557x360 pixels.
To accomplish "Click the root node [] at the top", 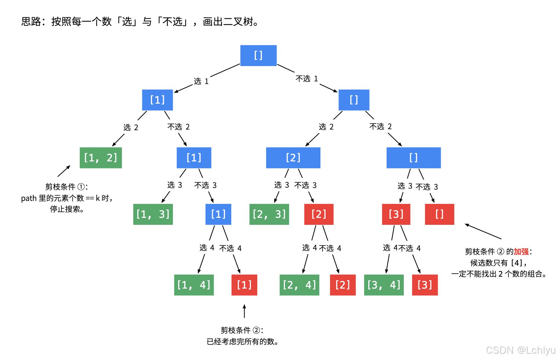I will (x=258, y=55).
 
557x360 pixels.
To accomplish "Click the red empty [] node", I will (x=439, y=214).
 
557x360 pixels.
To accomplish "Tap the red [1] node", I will (x=244, y=285).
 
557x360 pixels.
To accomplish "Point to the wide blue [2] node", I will (x=293, y=158).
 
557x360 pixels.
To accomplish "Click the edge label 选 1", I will (x=201, y=81).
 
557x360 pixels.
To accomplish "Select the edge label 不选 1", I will (x=307, y=79).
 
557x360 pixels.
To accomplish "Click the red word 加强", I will (x=521, y=252).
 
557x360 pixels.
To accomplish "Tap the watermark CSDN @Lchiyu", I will (x=520, y=350).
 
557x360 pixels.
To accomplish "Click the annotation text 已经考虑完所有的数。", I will (x=242, y=341).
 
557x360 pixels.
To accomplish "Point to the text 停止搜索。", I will (x=67, y=209).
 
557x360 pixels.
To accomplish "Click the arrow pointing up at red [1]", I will (x=244, y=311).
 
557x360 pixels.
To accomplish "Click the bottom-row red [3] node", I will (x=425, y=285).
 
